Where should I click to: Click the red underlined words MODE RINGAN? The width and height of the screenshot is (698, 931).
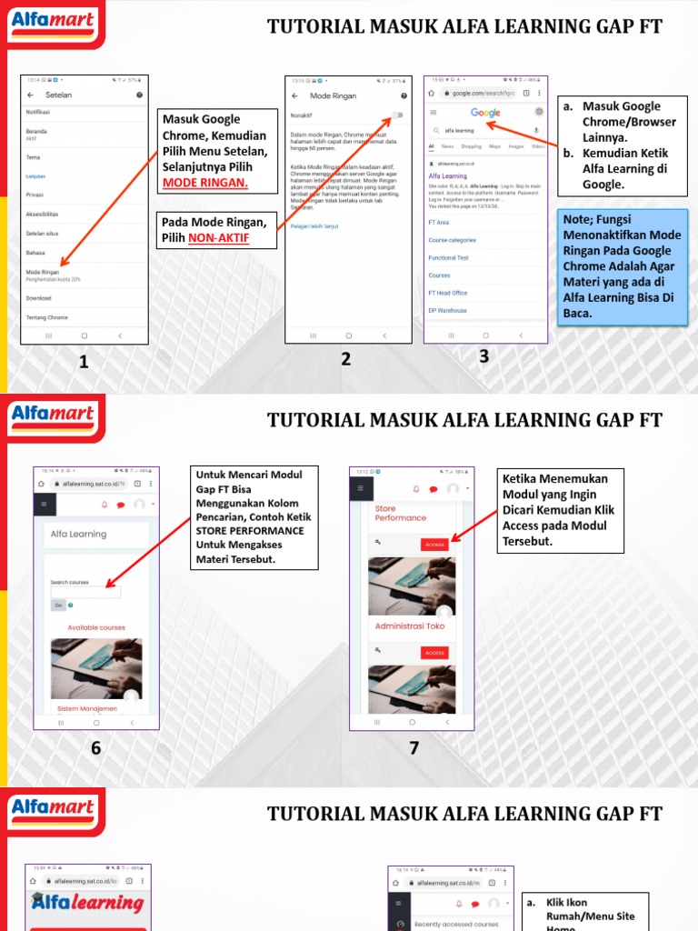tap(205, 184)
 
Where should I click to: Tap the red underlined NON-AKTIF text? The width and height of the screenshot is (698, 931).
tap(219, 238)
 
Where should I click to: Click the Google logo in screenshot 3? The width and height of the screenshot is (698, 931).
tap(485, 113)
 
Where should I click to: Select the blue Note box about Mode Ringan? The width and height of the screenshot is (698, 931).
tap(623, 266)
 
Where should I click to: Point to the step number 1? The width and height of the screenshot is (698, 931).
tap(84, 362)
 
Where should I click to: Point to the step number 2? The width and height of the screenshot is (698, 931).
tap(346, 359)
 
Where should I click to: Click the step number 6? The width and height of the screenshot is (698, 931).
tap(95, 748)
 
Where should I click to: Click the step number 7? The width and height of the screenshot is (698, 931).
tap(414, 748)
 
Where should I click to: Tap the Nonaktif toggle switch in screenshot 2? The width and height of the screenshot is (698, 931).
tap(397, 115)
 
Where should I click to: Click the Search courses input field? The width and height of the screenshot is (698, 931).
tap(86, 592)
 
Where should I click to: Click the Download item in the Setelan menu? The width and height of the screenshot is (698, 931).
tap(39, 297)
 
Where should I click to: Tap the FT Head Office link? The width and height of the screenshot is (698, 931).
tap(448, 293)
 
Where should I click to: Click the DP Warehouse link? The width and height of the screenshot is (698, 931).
tap(447, 310)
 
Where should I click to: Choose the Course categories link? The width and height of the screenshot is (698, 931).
tap(452, 240)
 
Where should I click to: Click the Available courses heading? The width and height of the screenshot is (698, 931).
tap(96, 627)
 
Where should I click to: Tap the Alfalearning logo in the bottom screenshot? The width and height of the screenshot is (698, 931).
tap(87, 903)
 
